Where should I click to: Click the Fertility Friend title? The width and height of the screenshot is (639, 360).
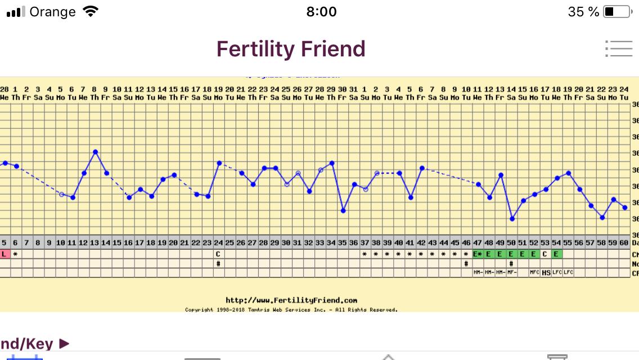tap(291, 49)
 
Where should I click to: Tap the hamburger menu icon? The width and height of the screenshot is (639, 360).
tap(619, 48)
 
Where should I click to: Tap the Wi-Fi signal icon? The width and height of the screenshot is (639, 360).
tap(89, 11)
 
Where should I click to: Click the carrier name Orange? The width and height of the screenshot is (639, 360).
tap(52, 12)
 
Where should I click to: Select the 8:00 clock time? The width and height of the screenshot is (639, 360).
tap(321, 12)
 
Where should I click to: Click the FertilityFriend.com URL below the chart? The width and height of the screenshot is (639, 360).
tap(291, 300)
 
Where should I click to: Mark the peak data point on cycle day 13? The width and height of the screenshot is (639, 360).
tap(95, 152)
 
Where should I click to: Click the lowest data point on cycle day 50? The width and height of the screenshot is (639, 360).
tap(512, 219)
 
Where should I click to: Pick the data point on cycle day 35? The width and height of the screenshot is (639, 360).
tap(343, 210)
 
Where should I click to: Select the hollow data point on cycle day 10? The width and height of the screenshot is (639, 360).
tap(61, 194)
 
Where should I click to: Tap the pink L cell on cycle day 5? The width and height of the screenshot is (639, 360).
tap(4, 254)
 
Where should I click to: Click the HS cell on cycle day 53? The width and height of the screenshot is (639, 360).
tap(546, 273)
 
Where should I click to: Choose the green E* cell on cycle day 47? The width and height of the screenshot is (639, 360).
tap(478, 254)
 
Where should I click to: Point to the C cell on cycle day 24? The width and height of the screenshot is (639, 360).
tap(218, 254)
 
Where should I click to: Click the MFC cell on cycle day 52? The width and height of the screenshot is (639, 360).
tap(534, 273)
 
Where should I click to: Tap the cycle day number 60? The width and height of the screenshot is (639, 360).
tap(624, 242)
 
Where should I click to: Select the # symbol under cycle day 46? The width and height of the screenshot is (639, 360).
tap(466, 263)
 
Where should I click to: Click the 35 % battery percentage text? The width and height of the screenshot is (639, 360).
tap(583, 12)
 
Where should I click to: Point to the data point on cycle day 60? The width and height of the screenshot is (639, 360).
tap(625, 208)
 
